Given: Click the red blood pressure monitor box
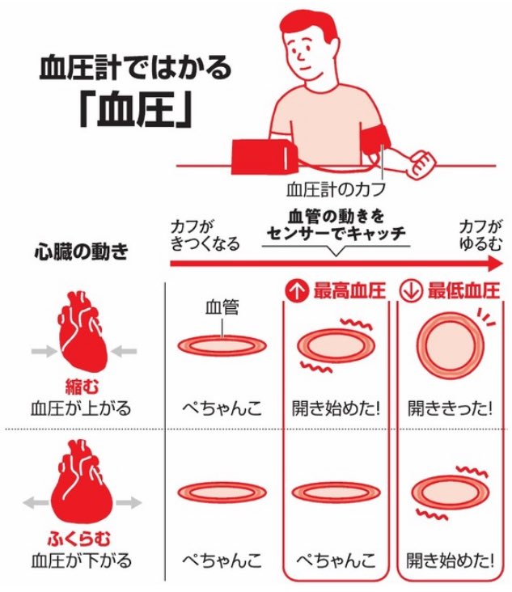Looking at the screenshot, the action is pyautogui.click(x=264, y=157).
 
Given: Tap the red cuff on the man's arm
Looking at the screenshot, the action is pyautogui.click(x=375, y=139).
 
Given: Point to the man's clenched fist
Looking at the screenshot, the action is pyautogui.click(x=421, y=164).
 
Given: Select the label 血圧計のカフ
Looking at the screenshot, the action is pyautogui.click(x=336, y=189).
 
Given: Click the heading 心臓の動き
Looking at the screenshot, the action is pyautogui.click(x=82, y=252).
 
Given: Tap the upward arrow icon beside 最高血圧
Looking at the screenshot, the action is pyautogui.click(x=296, y=291).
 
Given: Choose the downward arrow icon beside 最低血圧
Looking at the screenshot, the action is pyautogui.click(x=410, y=291).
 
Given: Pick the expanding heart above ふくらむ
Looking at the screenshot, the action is pyautogui.click(x=82, y=484).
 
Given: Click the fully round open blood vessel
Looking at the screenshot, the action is pyautogui.click(x=450, y=345).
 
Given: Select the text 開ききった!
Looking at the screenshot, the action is pyautogui.click(x=450, y=408).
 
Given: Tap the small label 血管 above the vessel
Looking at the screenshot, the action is pyautogui.click(x=222, y=307).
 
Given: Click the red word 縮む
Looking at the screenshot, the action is pyautogui.click(x=83, y=387).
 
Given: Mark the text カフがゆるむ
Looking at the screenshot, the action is pyautogui.click(x=480, y=235).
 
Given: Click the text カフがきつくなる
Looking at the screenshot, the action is pyautogui.click(x=205, y=235).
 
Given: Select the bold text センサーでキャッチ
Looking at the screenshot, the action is pyautogui.click(x=336, y=234).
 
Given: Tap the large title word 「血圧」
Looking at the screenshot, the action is pyautogui.click(x=136, y=109).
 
